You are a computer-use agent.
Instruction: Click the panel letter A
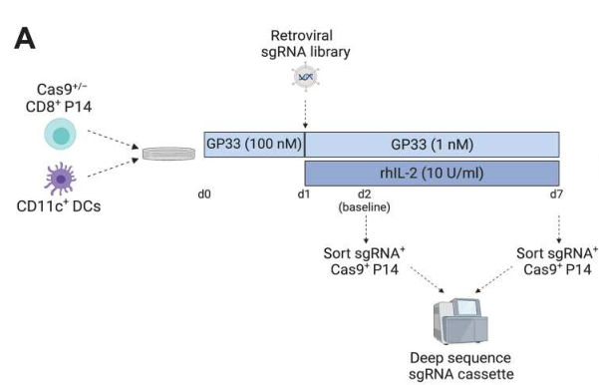click(25, 39)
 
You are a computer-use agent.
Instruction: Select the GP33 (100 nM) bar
click(254, 145)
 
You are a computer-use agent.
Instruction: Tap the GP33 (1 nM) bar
click(433, 145)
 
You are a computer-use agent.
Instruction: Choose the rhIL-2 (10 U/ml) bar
click(433, 174)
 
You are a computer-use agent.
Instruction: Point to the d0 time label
click(204, 194)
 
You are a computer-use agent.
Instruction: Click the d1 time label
click(304, 194)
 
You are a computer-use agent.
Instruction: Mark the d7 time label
click(556, 194)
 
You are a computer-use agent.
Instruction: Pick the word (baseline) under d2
click(364, 207)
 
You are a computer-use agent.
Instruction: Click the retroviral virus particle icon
click(305, 77)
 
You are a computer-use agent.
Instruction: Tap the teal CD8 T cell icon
click(61, 134)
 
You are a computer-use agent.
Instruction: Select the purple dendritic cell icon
click(60, 179)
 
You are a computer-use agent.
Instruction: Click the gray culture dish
click(168, 154)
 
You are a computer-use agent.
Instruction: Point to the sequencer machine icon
click(460, 322)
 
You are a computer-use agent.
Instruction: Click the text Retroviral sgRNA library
click(305, 44)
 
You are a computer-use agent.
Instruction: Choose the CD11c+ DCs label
click(59, 206)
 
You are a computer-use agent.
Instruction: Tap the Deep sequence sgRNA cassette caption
click(460, 366)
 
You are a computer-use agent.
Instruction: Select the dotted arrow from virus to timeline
click(305, 114)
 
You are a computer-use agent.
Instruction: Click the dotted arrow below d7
click(559, 229)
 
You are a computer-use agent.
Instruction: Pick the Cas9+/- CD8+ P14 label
click(59, 98)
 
